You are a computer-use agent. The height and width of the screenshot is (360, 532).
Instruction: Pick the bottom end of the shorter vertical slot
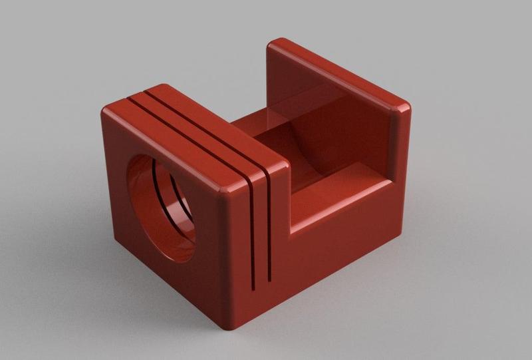click(269, 275)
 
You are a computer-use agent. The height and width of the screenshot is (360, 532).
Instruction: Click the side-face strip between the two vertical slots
click(261, 233)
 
